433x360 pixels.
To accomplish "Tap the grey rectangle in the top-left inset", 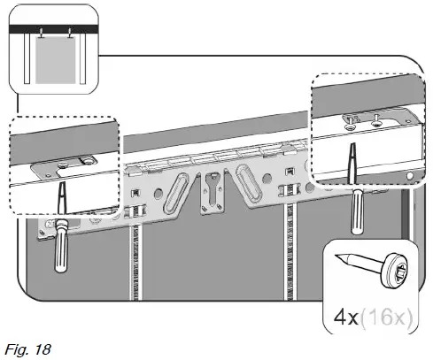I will pyautogui.click(x=53, y=62).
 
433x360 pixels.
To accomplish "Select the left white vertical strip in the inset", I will pyautogui.click(x=29, y=62).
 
